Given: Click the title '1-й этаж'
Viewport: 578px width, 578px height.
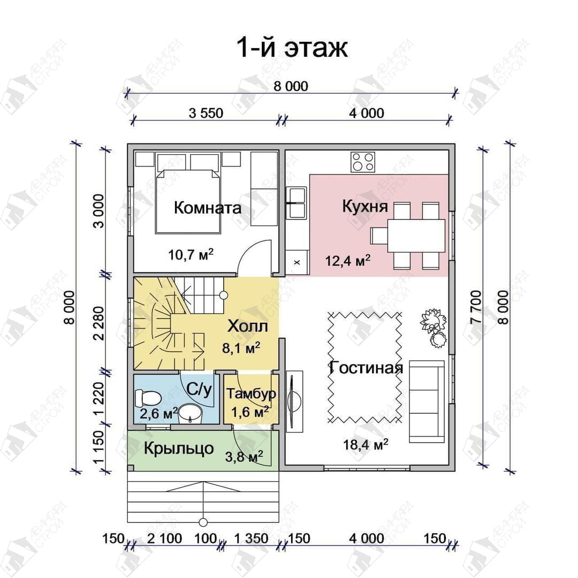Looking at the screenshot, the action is pos(291,48).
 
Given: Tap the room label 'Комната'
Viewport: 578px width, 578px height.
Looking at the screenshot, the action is pos(208,208).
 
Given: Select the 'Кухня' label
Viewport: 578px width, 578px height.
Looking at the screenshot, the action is pos(365,206).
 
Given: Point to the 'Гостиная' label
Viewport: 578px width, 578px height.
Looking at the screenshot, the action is pos(366,368).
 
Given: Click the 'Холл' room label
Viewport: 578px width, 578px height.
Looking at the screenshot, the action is pos(248,326).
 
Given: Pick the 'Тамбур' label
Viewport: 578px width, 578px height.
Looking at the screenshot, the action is pos(251,393).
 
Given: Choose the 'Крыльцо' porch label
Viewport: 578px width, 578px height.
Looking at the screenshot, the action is pos(179,448).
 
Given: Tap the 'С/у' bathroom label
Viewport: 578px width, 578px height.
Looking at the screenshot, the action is pos(200,389).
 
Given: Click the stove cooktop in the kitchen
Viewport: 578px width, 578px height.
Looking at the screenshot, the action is pos(363,162).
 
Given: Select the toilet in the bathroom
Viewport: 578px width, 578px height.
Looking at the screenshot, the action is pos(148,398).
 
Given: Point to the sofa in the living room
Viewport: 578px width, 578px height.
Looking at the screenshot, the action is pos(427,401).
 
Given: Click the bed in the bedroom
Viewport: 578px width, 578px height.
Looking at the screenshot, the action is pos(188,201).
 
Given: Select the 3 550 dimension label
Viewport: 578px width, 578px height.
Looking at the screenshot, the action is pos(206,113).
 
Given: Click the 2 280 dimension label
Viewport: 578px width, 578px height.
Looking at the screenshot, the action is pos(99,323).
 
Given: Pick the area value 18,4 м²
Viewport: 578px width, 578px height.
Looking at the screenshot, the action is pos(366,444).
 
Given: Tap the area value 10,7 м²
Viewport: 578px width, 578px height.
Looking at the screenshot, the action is pos(191,254).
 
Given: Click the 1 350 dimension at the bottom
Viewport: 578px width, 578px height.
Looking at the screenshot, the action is pos(252,538).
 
